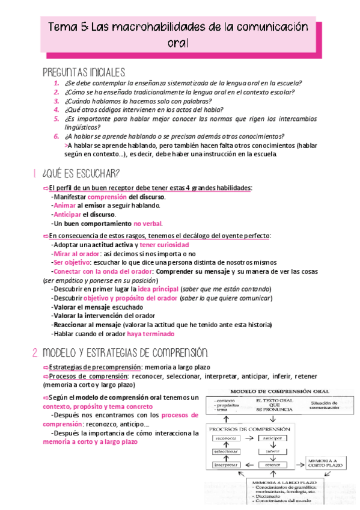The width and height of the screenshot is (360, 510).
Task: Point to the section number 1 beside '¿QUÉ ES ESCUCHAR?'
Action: pos(36,174)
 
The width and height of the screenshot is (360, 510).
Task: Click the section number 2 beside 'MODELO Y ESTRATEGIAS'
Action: pos(35,351)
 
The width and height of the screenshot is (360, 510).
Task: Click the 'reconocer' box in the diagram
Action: pos(226,438)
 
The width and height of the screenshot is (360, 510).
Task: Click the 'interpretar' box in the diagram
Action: pos(226,464)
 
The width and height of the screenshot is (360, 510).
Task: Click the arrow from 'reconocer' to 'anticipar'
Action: pos(250,438)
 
